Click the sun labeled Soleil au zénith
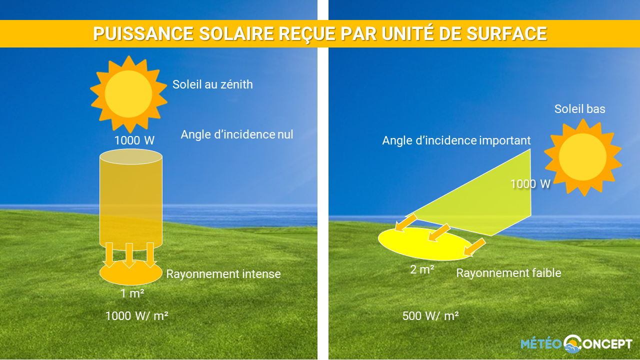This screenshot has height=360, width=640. (x=128, y=94)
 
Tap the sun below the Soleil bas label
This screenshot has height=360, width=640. (x=582, y=157)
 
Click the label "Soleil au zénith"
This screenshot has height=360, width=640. (x=212, y=84)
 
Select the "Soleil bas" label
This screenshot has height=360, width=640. (x=579, y=109)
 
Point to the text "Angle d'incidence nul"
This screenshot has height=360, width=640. (x=237, y=134)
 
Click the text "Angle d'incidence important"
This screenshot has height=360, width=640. (x=456, y=140)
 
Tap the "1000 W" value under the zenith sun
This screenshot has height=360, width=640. (x=134, y=140)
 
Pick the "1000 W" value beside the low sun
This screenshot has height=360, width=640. (x=530, y=184)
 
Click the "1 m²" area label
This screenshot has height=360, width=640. (x=132, y=293)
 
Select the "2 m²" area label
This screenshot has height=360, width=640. (x=422, y=269)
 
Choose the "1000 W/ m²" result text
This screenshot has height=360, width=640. (x=137, y=316)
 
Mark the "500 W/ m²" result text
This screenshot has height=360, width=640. (x=430, y=316)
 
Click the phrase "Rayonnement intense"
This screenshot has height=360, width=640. (x=223, y=274)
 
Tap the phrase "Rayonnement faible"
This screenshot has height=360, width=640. (x=508, y=273)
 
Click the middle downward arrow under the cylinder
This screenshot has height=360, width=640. (x=129, y=255)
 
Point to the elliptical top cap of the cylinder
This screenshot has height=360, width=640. (x=131, y=156)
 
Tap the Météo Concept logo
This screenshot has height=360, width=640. (x=576, y=344)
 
